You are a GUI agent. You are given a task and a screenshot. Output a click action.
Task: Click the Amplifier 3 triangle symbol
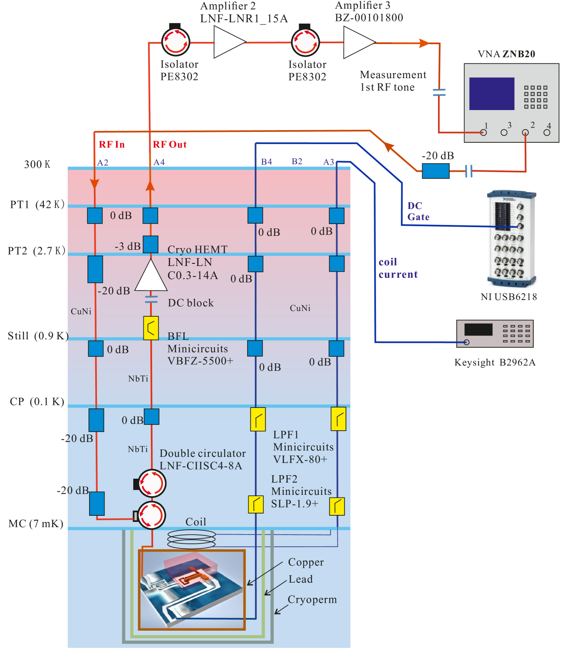[x=357, y=42]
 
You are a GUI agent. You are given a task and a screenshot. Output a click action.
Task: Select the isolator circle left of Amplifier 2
[x=176, y=42]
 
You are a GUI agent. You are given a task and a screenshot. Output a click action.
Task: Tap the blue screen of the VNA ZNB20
[x=491, y=93]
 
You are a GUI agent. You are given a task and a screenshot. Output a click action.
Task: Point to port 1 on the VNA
[x=483, y=132]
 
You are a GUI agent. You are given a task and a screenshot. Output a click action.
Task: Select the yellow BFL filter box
[x=151, y=328]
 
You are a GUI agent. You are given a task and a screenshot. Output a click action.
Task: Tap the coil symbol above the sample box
[x=191, y=539]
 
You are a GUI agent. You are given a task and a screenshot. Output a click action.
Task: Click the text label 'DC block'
[x=191, y=303]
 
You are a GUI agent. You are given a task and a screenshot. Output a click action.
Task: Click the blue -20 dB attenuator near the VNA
[x=435, y=171]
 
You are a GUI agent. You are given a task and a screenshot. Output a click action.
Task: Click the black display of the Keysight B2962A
[x=478, y=329]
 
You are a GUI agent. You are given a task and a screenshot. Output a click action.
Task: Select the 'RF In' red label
[x=112, y=145]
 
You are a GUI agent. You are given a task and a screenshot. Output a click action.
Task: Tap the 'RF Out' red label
[x=169, y=145]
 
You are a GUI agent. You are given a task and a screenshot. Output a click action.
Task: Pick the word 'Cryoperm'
[x=312, y=600]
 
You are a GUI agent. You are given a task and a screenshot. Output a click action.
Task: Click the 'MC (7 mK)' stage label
[x=36, y=524]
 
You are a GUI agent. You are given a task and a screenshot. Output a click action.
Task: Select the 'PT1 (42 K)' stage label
[x=37, y=204]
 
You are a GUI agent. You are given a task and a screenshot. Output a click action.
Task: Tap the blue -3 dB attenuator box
[x=151, y=245]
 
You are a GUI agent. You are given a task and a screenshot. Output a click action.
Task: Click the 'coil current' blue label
[x=398, y=268]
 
